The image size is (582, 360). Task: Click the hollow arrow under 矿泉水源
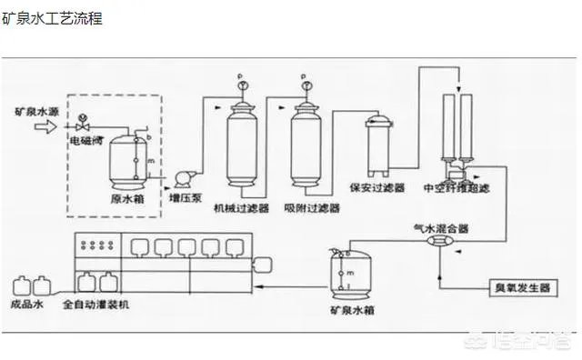click(x=45, y=128)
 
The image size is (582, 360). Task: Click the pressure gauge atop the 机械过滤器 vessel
click(x=242, y=86)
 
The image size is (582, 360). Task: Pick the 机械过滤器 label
click(x=241, y=208)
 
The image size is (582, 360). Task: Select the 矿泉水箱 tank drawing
click(x=348, y=272)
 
